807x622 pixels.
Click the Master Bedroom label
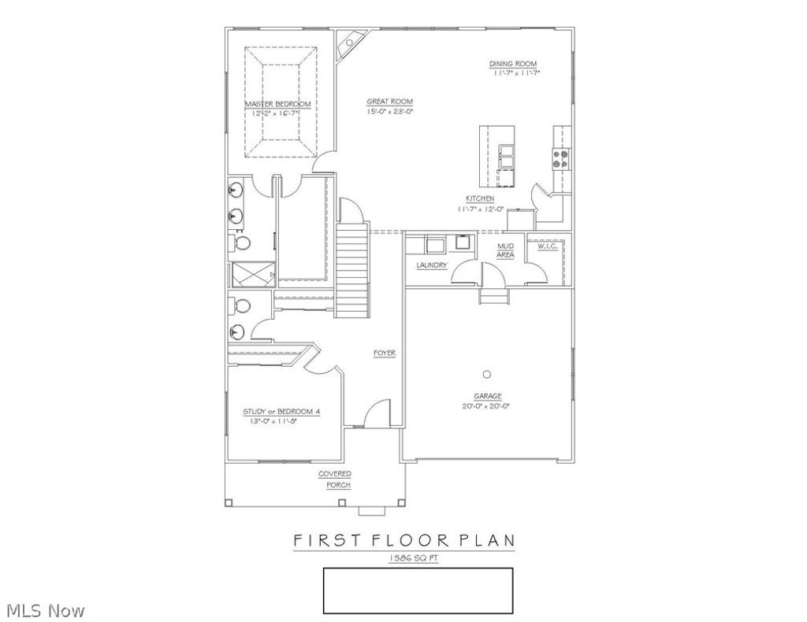tap(277, 104)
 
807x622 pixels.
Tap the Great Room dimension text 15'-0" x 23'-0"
tap(389, 112)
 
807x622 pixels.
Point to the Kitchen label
tap(480, 198)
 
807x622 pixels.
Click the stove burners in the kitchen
tap(563, 159)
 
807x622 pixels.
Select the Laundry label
tap(432, 265)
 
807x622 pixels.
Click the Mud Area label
tap(505, 250)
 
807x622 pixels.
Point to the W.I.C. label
tap(548, 246)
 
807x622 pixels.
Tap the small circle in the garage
tap(487, 373)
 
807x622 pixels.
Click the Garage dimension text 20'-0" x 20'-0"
tap(488, 406)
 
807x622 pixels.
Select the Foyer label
tap(385, 353)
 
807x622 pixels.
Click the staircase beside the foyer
tap(353, 267)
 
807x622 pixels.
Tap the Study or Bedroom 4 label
tap(281, 411)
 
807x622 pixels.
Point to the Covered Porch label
tap(335, 479)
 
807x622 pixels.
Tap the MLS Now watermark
tap(46, 609)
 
